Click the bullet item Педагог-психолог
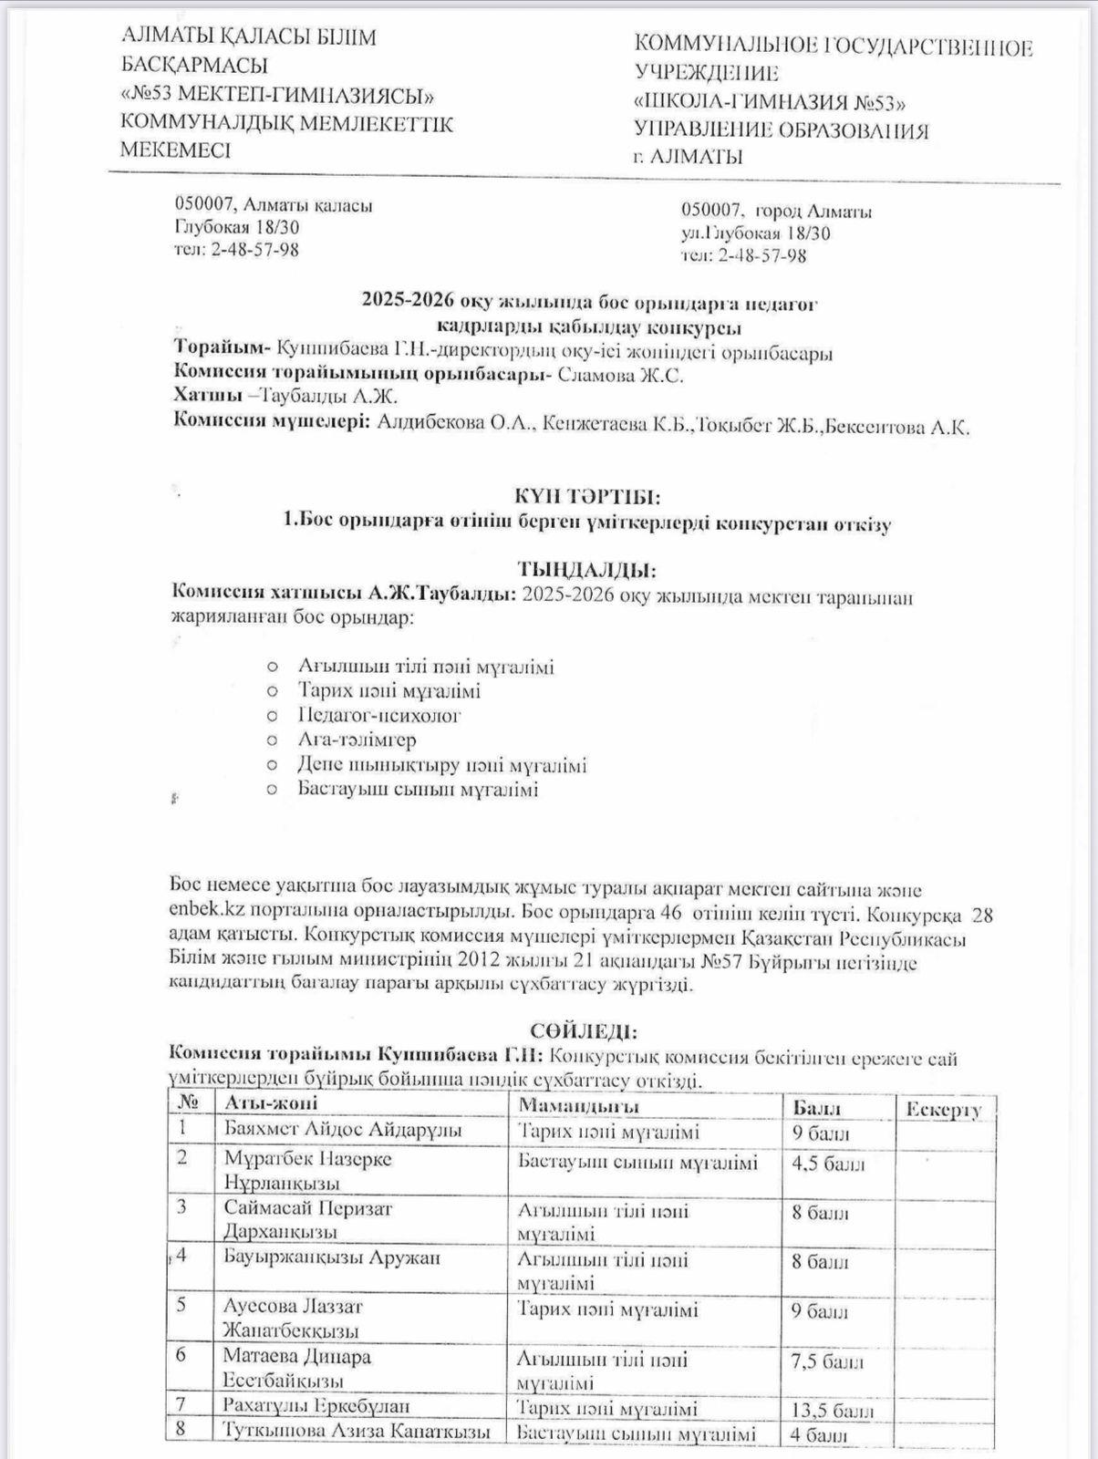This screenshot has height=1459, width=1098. (379, 715)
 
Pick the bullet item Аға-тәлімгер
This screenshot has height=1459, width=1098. (357, 740)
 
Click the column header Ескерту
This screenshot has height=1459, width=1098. (944, 1109)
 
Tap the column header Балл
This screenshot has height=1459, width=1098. (816, 1108)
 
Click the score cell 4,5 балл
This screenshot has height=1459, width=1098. (828, 1164)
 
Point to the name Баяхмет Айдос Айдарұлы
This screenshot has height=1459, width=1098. (343, 1130)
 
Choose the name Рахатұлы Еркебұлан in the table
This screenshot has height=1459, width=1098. (316, 1406)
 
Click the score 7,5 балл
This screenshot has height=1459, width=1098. (827, 1362)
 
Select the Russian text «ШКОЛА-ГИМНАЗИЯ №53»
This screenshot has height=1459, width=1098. (771, 101)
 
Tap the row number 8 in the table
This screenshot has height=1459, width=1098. (181, 1428)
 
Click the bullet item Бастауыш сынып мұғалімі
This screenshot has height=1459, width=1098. (418, 789)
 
